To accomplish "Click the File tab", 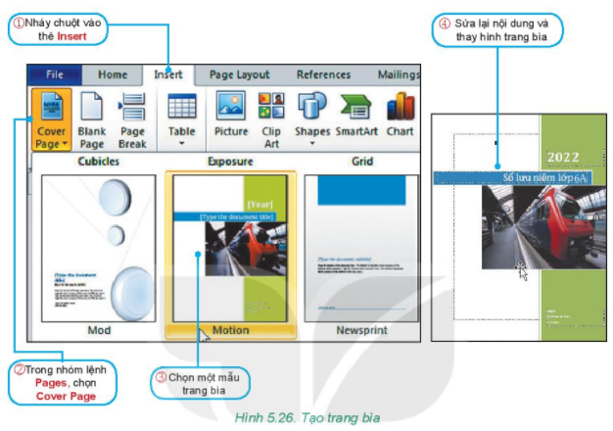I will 54,74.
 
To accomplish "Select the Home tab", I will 112,74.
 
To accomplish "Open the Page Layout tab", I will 239,74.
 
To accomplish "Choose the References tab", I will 323,74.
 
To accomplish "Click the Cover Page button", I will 50,119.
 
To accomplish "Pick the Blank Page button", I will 91,119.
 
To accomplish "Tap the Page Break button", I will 132,119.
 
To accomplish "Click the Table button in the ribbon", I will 182,119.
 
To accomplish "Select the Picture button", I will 231,119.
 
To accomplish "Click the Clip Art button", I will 271,119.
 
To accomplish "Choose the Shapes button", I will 311,119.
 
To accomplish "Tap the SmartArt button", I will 356,119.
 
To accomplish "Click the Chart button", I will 400,119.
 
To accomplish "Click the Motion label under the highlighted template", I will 230,330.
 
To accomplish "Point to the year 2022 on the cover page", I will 563,157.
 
